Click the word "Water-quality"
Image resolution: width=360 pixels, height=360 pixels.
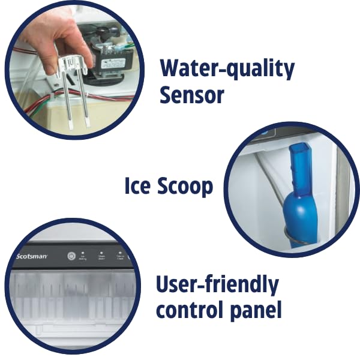click(227, 70)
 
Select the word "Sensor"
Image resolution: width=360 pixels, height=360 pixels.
click(192, 94)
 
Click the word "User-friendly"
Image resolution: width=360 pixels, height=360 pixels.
click(217, 285)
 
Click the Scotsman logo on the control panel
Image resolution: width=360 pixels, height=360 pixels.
click(31, 256)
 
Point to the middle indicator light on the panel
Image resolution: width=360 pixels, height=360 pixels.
click(101, 254)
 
